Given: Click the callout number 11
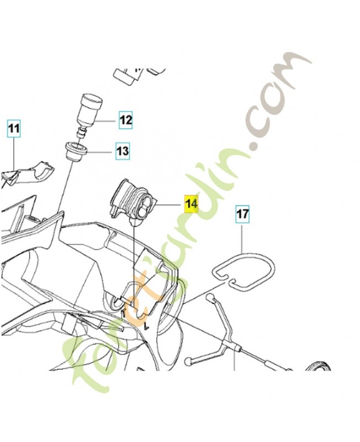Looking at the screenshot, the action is [14, 129].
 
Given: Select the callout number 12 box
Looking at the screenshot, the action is [126, 120].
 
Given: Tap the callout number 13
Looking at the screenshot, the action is [123, 151].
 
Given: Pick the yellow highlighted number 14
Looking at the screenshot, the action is [191, 203].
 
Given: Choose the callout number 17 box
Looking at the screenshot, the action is [242, 214].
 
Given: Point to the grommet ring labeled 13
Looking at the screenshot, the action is [76, 151].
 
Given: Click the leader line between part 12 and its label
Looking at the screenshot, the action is [105, 121].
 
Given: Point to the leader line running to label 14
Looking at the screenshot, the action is [169, 204].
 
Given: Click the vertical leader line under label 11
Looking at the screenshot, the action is [14, 154].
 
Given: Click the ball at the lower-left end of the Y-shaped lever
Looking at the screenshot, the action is [188, 361].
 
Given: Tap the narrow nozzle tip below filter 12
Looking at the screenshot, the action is [81, 133].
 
